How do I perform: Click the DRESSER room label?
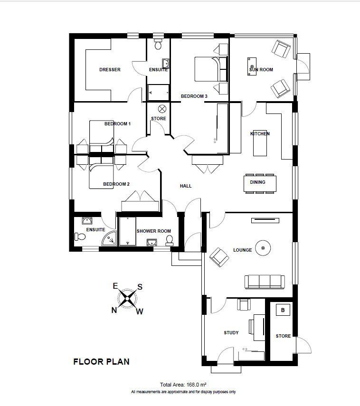point(110,70)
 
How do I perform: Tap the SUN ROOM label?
point(261,70)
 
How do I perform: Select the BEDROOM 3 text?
point(194,96)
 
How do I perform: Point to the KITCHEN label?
point(260,133)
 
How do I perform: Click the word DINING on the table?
point(257,182)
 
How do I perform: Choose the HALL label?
point(186,186)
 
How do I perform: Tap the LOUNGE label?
point(242,250)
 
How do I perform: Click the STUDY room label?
point(231,333)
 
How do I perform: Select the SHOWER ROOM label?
point(153,231)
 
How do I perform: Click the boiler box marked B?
point(283,310)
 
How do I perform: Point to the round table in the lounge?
point(263,248)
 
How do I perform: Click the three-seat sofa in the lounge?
point(265,282)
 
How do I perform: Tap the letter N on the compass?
point(114,310)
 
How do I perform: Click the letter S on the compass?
point(140,287)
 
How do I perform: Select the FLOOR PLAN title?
point(101,362)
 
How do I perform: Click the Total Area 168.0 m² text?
point(183,385)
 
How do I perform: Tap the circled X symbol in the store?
point(162,109)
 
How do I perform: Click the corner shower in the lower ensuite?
point(109,238)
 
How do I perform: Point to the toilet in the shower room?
point(170,241)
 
